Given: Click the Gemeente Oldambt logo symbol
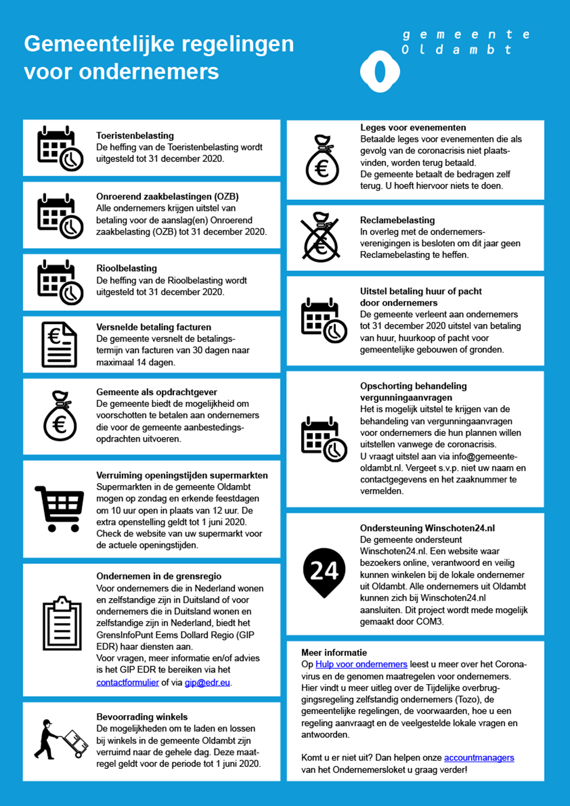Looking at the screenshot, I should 380,71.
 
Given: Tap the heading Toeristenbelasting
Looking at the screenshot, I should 135,136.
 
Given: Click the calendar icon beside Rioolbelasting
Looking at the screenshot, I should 60,282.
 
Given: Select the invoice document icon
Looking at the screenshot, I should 59,345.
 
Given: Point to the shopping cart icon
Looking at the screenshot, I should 60,508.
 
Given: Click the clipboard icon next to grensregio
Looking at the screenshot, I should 62,623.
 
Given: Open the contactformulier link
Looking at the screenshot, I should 127,682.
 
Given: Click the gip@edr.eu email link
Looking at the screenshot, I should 207,682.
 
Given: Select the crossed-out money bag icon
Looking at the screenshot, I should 321,237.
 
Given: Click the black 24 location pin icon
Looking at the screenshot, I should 324,572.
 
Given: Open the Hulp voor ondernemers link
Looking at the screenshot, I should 361,664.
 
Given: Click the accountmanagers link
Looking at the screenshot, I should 479,758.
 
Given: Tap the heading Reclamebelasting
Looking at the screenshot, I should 397,220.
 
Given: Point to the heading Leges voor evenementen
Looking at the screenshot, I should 413,127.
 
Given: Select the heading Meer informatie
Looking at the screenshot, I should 334,652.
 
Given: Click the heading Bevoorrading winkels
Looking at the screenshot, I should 141,717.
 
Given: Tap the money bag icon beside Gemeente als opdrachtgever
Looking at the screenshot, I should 60,416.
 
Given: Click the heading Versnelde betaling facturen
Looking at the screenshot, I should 153,327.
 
